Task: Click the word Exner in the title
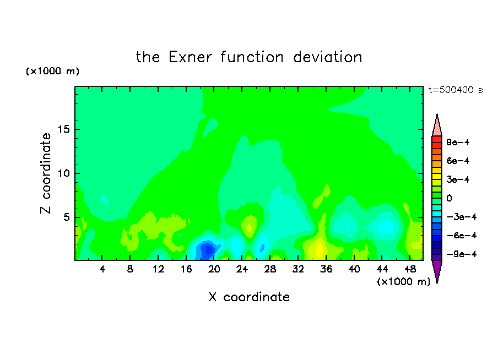click(190, 57)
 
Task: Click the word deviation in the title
click(327, 57)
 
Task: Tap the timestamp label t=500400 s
click(456, 90)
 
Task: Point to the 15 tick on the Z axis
click(63, 129)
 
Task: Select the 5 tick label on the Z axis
click(66, 217)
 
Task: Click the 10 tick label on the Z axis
click(63, 173)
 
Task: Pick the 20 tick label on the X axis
click(214, 269)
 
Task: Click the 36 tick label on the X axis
click(326, 269)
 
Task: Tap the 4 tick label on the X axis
click(102, 269)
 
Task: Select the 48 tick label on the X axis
click(410, 269)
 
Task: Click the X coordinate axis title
click(249, 297)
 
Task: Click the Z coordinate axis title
click(46, 173)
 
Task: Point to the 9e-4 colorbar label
click(458, 142)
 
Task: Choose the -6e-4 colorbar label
click(462, 236)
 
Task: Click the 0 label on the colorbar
click(449, 198)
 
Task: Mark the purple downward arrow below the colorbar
click(437, 270)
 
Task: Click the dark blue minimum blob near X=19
click(207, 250)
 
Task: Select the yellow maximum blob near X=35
click(319, 249)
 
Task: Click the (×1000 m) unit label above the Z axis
click(52, 71)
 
